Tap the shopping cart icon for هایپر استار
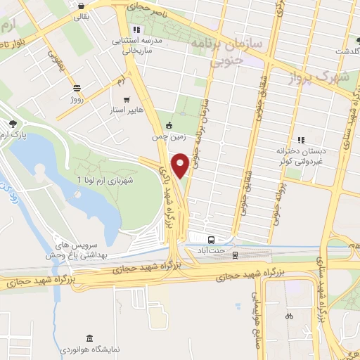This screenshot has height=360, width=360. point(127,99)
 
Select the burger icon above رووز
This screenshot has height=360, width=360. point(76,88)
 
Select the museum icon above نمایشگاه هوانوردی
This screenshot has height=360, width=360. point(89,339)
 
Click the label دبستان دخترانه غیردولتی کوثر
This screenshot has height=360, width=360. point(302,155)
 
